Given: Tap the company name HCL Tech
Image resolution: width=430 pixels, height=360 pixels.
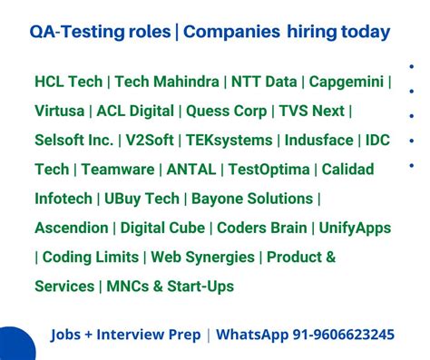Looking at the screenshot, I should (x=68, y=82).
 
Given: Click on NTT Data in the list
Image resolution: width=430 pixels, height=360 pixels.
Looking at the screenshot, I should (x=265, y=82).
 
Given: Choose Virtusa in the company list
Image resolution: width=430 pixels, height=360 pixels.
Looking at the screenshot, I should (x=59, y=111).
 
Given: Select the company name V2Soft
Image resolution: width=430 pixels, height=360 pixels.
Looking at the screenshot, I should (x=151, y=141).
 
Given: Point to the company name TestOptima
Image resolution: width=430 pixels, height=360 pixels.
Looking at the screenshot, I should (x=269, y=170).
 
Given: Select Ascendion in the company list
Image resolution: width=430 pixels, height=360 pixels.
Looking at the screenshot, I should (x=73, y=228).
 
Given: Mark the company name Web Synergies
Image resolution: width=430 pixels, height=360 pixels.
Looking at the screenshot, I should (x=204, y=257).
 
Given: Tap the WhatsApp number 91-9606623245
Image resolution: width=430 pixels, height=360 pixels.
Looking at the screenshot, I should (x=343, y=335).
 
